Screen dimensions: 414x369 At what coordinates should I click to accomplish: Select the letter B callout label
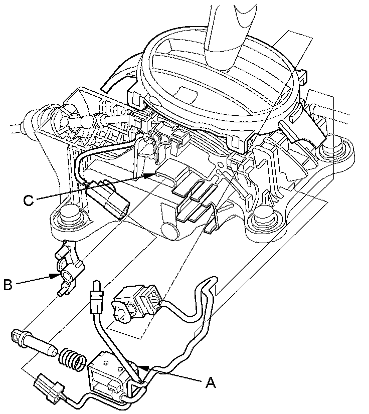point(8,285)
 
